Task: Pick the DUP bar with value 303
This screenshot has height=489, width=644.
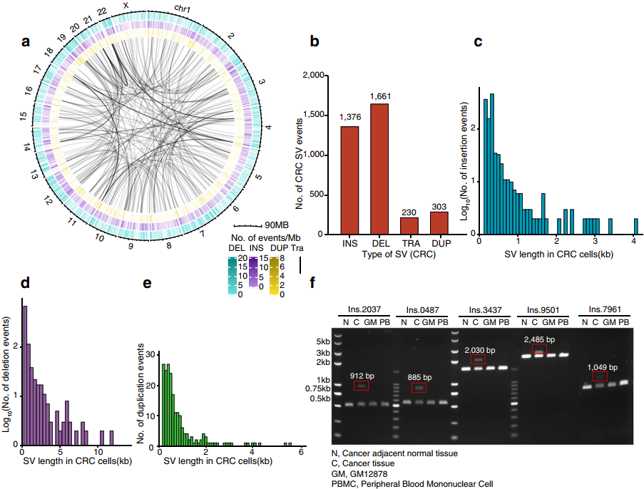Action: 438,222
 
